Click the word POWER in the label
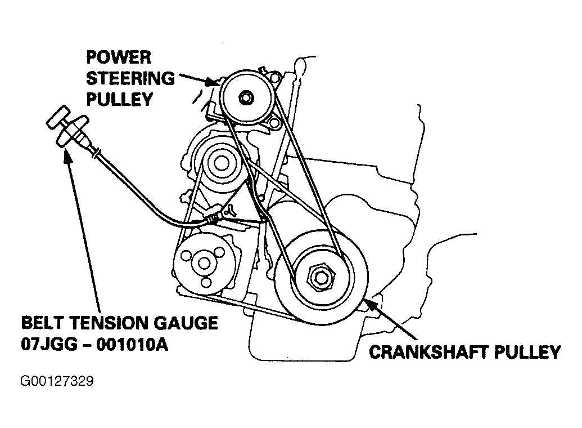tap(119, 57)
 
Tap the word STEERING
tap(130, 78)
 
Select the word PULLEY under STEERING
tap(119, 99)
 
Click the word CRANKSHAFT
tap(431, 353)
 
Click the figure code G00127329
tap(57, 381)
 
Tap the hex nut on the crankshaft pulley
tap(321, 277)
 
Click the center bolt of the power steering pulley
tap(246, 97)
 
